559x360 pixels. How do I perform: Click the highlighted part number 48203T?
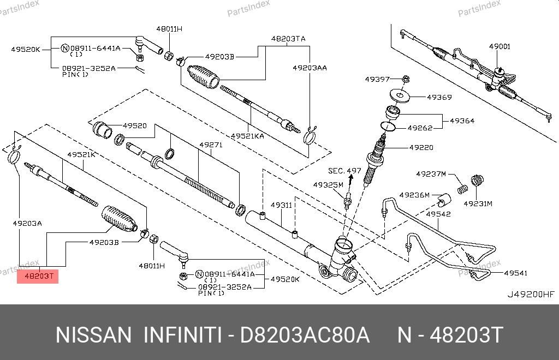click(38, 277)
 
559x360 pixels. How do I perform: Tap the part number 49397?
click(377, 79)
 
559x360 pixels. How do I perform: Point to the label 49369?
click(439, 98)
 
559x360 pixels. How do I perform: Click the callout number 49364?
click(461, 121)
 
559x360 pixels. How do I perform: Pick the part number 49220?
click(421, 147)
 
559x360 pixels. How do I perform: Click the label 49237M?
click(431, 174)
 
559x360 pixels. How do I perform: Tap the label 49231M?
click(478, 203)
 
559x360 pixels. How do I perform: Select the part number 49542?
click(438, 214)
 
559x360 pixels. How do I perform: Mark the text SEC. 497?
click(344, 171)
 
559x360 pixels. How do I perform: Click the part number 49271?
click(211, 145)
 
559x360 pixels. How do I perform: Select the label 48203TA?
click(288, 39)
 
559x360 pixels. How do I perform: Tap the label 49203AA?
click(310, 68)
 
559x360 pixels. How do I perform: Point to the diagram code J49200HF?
click(531, 294)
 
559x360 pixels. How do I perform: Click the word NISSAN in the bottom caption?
click(93, 335)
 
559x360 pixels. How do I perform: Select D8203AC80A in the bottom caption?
click(306, 335)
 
